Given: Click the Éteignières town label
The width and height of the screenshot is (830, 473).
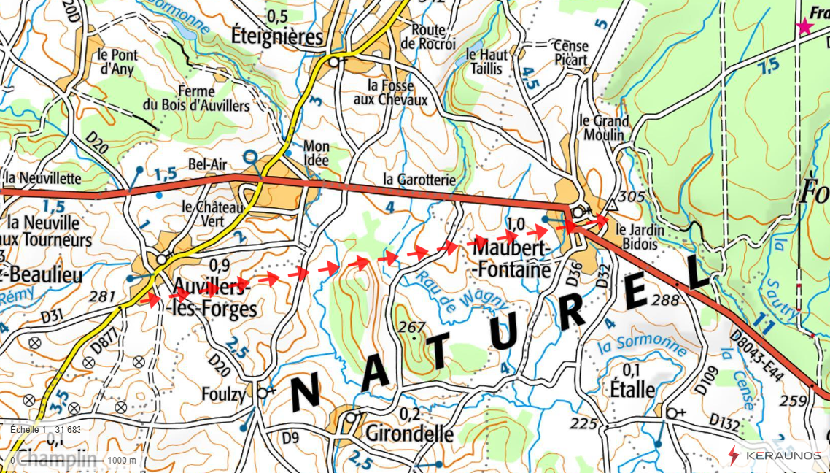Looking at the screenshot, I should point(276,36).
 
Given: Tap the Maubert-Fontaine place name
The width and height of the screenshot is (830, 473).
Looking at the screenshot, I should point(511,258).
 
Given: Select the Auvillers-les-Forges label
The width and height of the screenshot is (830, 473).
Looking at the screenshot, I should point(214,297).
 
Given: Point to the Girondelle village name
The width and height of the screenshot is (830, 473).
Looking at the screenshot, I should point(409,434).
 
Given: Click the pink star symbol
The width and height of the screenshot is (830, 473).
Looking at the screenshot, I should point(804,27).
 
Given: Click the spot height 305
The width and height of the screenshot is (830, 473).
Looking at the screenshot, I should point(631,197).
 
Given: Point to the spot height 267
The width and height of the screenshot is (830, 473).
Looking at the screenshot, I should point(411,326).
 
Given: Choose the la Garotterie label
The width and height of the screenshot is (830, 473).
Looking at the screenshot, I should point(419,180).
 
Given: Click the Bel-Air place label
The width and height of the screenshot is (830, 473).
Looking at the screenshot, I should point(207,164).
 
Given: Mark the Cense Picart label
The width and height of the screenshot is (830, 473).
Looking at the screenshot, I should point(570,53).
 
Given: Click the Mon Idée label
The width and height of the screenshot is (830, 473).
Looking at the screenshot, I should point(316,152).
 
